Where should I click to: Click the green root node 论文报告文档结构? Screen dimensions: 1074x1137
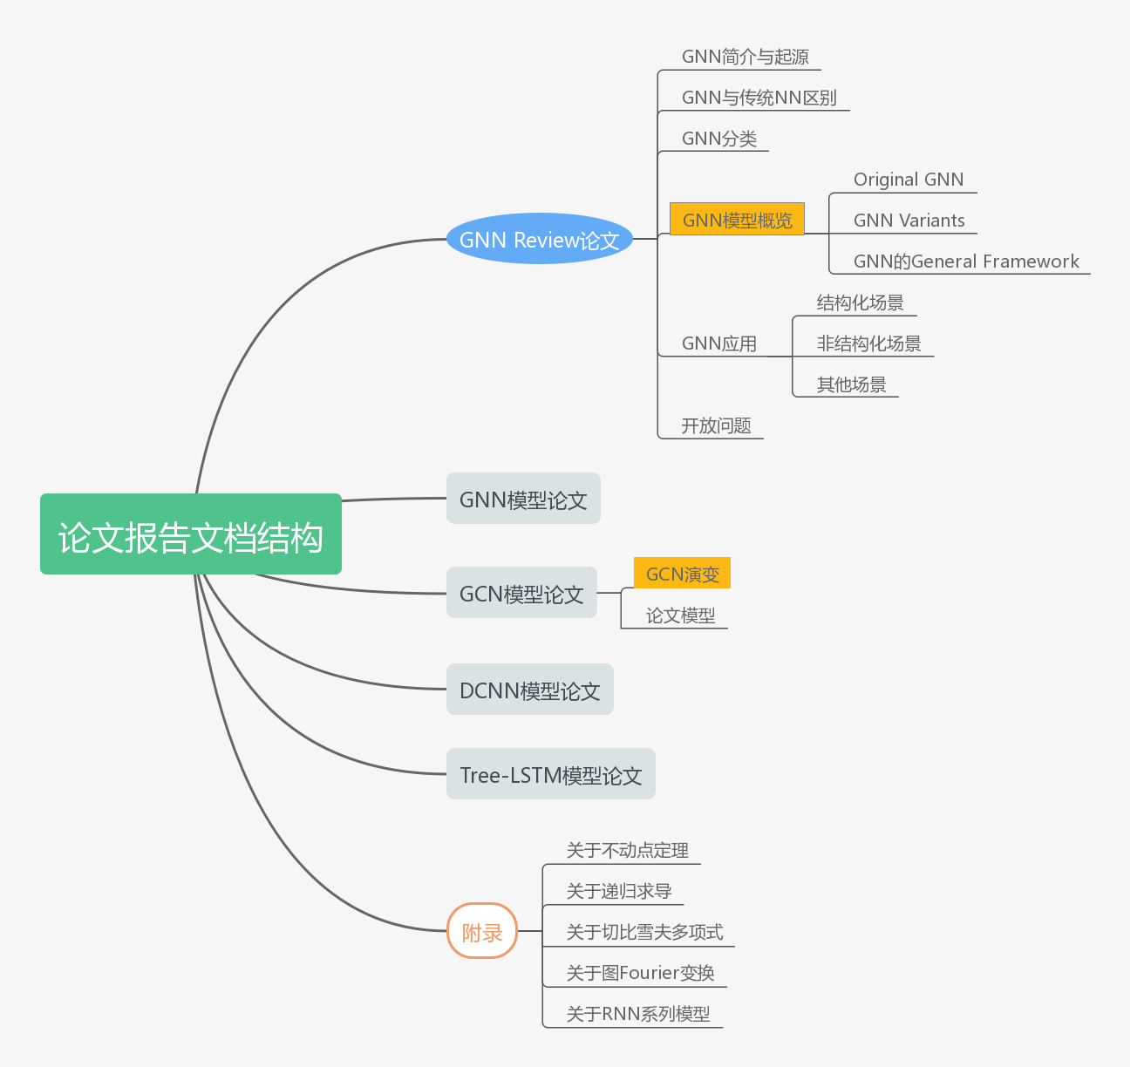[191, 534]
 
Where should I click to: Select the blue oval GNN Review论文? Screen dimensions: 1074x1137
[539, 239]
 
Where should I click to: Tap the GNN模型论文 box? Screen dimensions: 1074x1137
[523, 499]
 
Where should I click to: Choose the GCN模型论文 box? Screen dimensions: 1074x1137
[521, 593]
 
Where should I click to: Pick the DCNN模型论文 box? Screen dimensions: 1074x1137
[529, 690]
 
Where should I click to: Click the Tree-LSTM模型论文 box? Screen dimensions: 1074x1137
[550, 774]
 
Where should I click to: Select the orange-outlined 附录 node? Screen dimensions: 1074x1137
[482, 931]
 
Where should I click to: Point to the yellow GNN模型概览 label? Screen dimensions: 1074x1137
[737, 219]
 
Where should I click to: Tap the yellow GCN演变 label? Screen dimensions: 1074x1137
[682, 574]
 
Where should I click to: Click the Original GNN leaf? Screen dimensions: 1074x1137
[908, 180]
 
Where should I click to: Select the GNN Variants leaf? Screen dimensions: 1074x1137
[909, 221]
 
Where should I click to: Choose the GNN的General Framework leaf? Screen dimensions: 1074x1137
[965, 262]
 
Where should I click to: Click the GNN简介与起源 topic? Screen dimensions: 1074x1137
[745, 57]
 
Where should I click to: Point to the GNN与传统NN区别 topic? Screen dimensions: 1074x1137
[759, 98]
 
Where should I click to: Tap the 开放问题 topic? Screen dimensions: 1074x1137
[716, 425]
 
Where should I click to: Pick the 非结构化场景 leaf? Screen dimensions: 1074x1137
[868, 343]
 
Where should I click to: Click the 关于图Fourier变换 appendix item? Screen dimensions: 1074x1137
[640, 973]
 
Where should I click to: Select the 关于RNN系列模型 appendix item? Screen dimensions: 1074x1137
[637, 1014]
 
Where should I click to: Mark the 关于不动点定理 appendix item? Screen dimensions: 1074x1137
[627, 850]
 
